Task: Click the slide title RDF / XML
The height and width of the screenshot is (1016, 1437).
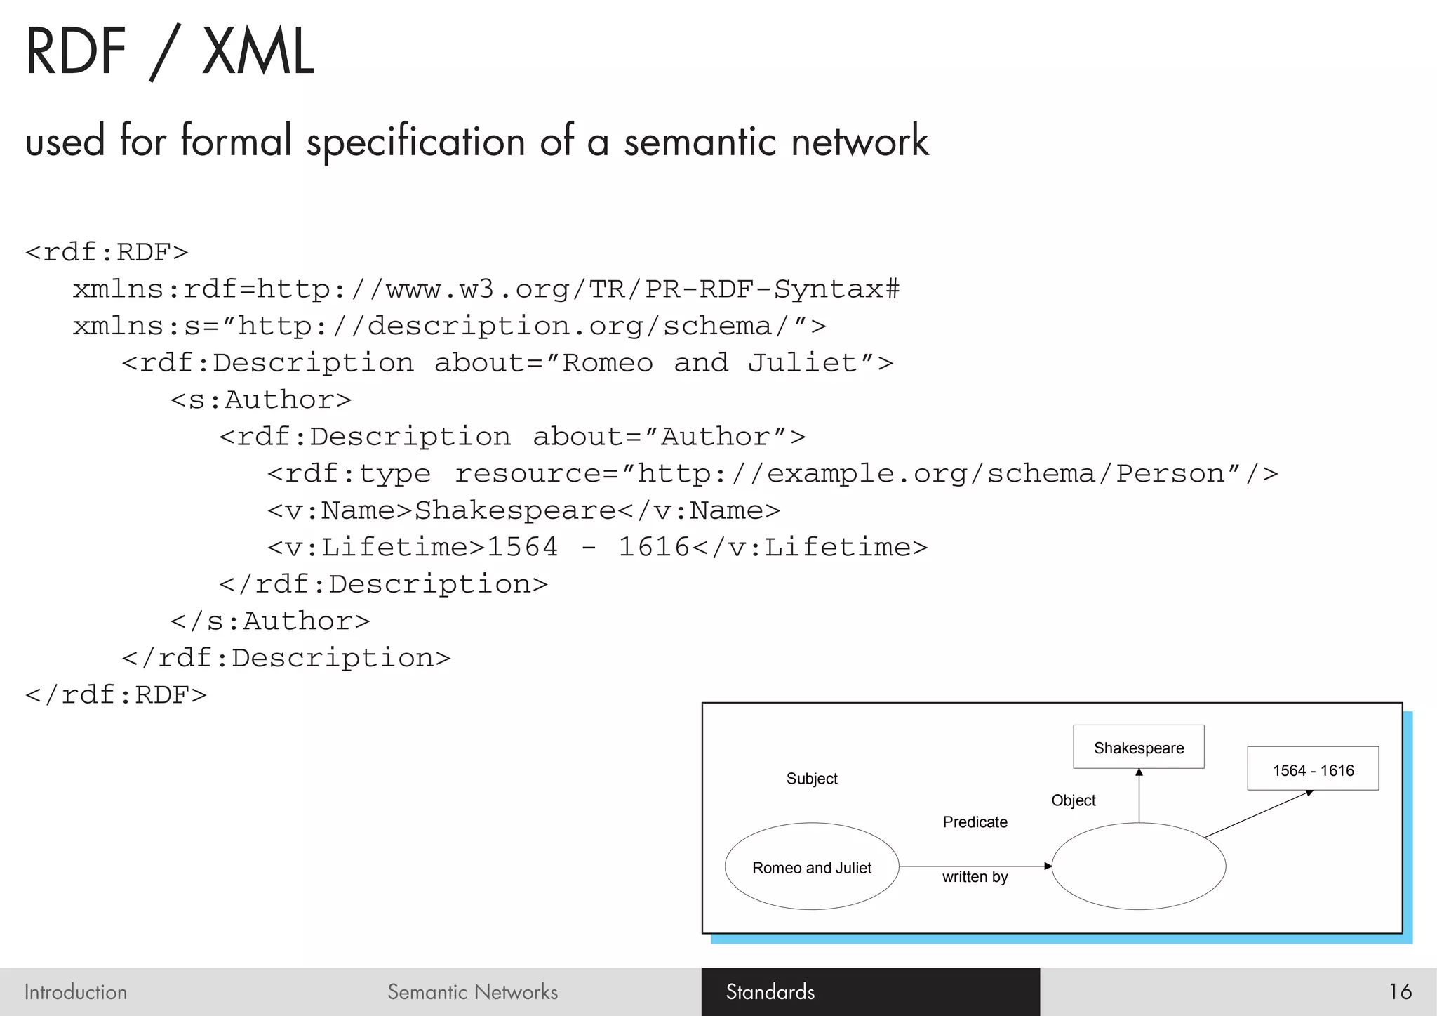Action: pyautogui.click(x=169, y=52)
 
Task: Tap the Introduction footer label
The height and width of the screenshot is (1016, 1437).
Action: pyautogui.click(x=76, y=991)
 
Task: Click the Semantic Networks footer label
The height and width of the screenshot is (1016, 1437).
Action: pyautogui.click(x=472, y=991)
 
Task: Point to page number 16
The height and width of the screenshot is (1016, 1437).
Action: pyautogui.click(x=1400, y=991)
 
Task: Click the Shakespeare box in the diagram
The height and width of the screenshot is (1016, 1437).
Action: pyautogui.click(x=1138, y=747)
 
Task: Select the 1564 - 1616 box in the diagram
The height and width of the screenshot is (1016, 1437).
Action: pyautogui.click(x=1313, y=770)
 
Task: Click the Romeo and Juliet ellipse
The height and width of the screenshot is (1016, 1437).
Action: pyautogui.click(x=811, y=867)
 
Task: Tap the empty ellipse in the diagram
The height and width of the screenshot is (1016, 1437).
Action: pyautogui.click(x=1138, y=867)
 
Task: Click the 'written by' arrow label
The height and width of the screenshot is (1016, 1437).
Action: pyautogui.click(x=975, y=877)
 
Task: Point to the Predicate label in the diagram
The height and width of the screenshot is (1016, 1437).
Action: pyautogui.click(x=975, y=822)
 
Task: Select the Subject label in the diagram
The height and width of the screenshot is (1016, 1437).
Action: pyautogui.click(x=812, y=779)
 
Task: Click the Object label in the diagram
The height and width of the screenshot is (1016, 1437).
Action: pyautogui.click(x=1073, y=800)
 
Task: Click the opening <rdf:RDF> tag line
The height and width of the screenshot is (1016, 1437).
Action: pyautogui.click(x=107, y=252)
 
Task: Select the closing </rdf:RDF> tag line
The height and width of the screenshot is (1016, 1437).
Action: pyautogui.click(x=116, y=695)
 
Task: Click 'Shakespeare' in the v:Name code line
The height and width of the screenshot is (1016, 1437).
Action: pyautogui.click(x=515, y=510)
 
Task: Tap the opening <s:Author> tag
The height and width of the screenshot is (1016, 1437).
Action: pyautogui.click(x=260, y=400)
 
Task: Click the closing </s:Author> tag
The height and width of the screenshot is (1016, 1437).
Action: pyautogui.click(x=269, y=621)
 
